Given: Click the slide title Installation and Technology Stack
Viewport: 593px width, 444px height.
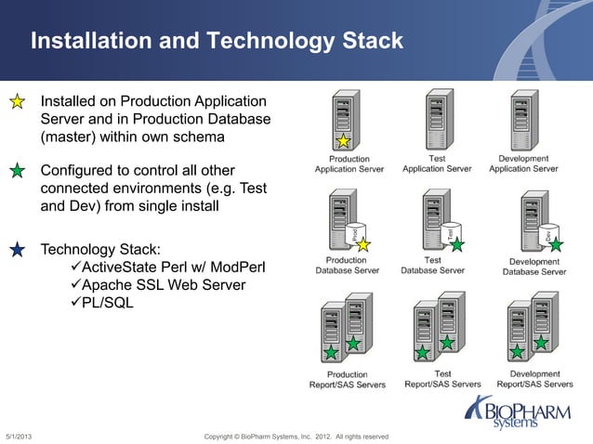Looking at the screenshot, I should [x=217, y=42].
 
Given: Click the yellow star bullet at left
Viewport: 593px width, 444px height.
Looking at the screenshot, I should [x=17, y=102].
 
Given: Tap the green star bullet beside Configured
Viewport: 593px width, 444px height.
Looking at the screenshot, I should [x=17, y=172].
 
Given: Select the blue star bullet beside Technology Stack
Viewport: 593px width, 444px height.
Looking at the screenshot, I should [x=17, y=250].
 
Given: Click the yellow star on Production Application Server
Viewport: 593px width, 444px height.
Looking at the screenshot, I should [x=343, y=141].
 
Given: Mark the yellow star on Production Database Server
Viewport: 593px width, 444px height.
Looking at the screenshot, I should [x=363, y=244].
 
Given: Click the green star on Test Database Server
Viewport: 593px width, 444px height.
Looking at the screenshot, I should [x=456, y=244].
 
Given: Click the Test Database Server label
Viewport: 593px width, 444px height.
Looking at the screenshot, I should [x=432, y=266].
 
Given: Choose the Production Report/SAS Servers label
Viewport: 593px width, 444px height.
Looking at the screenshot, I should [x=348, y=379].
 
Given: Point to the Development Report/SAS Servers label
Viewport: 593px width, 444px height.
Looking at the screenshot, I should [x=534, y=379].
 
